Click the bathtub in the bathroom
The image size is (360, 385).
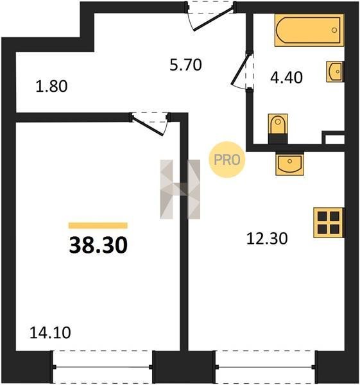(x=309, y=30)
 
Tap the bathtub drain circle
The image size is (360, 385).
(x=334, y=30)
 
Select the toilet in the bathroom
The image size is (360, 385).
(x=278, y=129)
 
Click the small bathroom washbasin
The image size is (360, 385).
(x=335, y=71)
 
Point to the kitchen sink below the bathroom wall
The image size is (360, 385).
(x=290, y=164)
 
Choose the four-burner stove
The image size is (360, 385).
(x=329, y=223)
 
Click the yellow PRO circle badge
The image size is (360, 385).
(x=227, y=160)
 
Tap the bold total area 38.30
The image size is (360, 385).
(x=98, y=245)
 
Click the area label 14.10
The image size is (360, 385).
(x=50, y=332)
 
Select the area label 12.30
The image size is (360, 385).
(x=267, y=239)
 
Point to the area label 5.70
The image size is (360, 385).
(x=185, y=65)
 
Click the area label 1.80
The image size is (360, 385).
(x=51, y=87)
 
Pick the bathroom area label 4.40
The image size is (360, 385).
(x=286, y=78)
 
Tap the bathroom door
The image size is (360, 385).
(x=243, y=70)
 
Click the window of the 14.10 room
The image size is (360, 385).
(x=103, y=367)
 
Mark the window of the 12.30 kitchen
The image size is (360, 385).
(x=266, y=367)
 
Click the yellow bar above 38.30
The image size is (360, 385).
(x=98, y=225)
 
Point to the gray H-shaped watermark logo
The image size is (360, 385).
(x=180, y=189)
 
